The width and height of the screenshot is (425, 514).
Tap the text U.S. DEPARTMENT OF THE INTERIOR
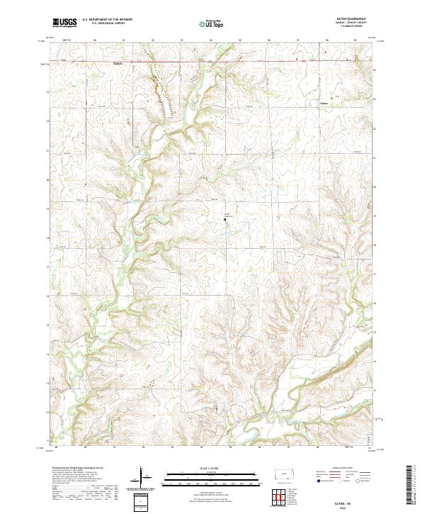[107, 20]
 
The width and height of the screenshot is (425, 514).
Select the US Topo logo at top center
[212, 23]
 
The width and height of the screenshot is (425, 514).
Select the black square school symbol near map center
[226, 220]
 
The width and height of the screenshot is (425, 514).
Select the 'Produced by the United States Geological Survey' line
[79, 469]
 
